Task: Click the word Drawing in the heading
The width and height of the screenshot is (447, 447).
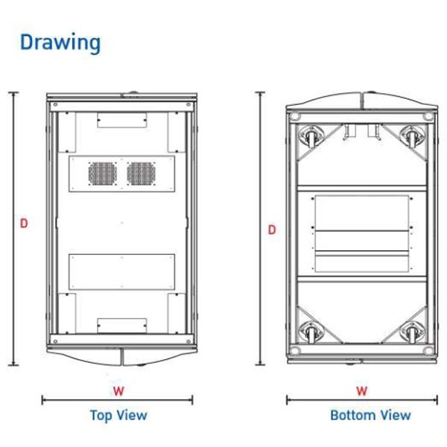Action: (x=60, y=42)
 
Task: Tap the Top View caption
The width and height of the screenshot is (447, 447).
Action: (x=118, y=415)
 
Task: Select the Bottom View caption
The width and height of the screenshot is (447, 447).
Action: (x=370, y=415)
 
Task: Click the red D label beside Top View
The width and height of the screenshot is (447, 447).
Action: (x=24, y=223)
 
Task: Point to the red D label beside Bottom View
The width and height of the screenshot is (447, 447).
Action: (x=272, y=229)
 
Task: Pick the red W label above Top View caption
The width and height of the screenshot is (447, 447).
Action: (x=118, y=391)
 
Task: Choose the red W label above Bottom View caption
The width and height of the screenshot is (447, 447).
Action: (x=362, y=391)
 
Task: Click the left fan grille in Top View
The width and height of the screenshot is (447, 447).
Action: (x=103, y=174)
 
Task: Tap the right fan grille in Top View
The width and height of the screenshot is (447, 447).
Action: (x=141, y=174)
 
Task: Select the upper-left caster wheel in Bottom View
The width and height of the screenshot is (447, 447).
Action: (x=311, y=137)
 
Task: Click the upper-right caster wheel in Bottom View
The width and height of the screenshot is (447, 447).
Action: (x=412, y=137)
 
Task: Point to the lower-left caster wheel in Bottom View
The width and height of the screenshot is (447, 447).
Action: (x=311, y=332)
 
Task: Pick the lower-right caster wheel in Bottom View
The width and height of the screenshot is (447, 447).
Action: (x=412, y=332)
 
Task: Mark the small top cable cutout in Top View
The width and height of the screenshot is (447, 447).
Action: (x=122, y=120)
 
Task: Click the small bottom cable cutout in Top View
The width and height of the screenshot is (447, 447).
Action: (x=122, y=326)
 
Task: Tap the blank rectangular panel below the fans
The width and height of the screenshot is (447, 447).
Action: (x=121, y=272)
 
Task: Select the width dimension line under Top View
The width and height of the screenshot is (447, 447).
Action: (x=117, y=400)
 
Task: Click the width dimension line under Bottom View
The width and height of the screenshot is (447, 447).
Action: (x=362, y=400)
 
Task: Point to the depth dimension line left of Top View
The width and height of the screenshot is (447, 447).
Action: (x=13, y=229)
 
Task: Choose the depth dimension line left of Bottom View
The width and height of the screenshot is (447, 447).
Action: (x=260, y=229)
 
